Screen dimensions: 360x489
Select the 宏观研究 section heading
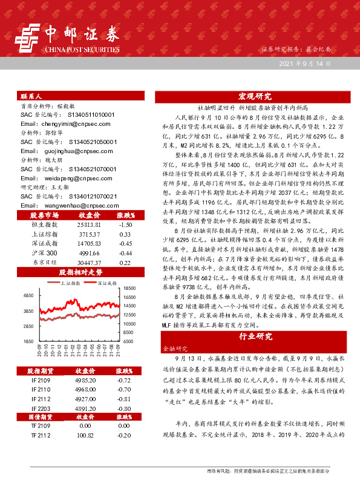coord(254,96)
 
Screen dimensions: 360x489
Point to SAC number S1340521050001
coord(85,141)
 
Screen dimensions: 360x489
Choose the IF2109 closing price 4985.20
coord(85,379)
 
